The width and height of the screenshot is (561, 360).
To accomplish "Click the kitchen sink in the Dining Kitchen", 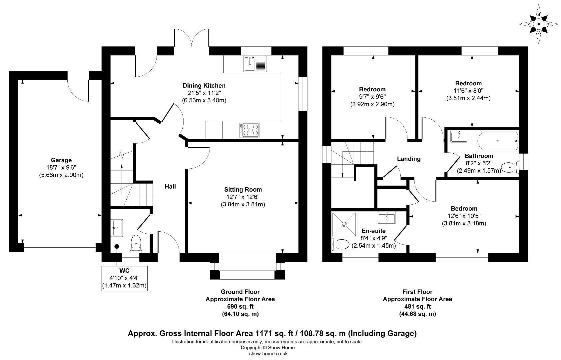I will point(255,64).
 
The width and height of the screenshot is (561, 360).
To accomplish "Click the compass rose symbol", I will point(539,24).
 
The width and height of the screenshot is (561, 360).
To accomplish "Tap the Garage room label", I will point(61,160).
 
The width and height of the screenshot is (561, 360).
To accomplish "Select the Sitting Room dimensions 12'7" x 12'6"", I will point(243,197).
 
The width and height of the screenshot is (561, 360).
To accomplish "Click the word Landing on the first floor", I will point(408,159).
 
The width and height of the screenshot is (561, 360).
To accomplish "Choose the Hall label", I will point(170,187).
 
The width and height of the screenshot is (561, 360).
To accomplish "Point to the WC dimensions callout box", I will point(124,278).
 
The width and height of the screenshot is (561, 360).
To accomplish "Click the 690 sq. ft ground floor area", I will point(240,307).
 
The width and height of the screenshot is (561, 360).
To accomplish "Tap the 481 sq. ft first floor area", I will point(417,307).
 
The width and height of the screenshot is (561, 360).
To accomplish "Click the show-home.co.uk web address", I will point(268,354).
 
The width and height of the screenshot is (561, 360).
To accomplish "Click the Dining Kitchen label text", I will point(204,86).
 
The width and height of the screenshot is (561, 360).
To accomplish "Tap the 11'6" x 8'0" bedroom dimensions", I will point(468,91).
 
